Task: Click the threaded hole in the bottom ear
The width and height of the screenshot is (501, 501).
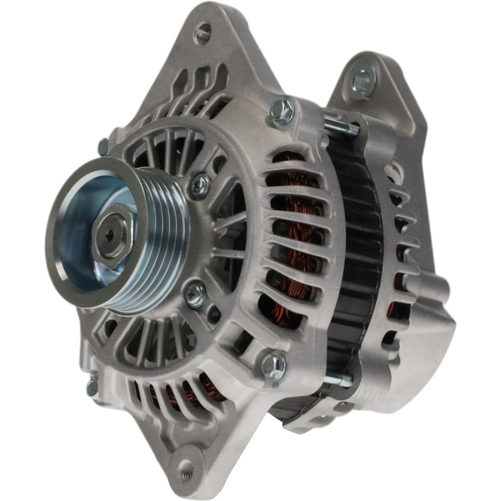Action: coord(186,467)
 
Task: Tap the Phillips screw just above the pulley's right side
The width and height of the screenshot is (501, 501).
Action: coord(200,184)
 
